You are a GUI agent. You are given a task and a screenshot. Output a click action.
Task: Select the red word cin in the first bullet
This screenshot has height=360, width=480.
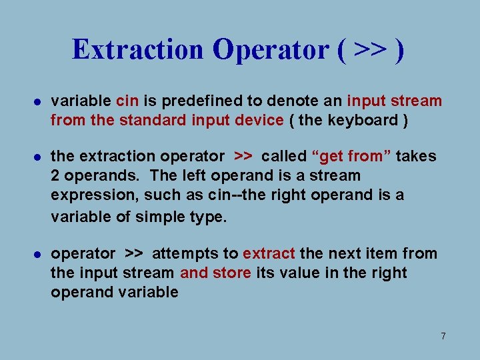(x=127, y=101)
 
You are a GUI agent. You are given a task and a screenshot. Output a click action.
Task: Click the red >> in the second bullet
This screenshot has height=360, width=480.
(x=243, y=157)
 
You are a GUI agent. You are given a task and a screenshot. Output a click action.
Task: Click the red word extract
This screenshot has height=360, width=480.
(x=269, y=254)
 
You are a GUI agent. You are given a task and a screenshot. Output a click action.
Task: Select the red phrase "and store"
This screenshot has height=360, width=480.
(x=215, y=273)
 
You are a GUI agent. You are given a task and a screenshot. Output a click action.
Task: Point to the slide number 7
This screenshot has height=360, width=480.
(x=443, y=336)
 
